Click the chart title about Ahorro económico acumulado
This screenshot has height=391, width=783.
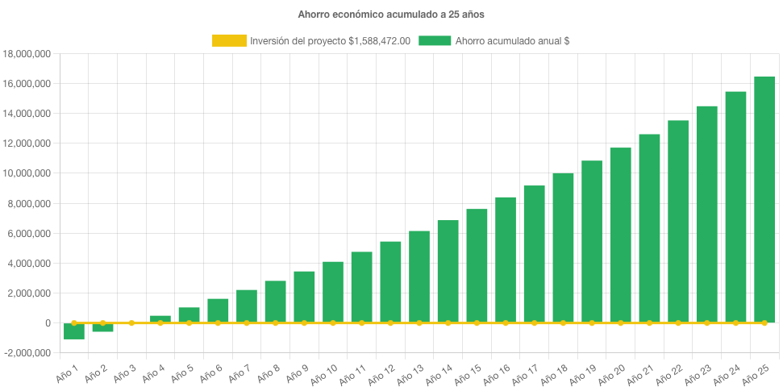[391, 15]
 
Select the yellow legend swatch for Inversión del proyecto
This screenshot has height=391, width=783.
[229, 40]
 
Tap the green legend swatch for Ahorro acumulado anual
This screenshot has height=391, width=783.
[435, 40]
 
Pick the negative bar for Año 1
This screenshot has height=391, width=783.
[74, 331]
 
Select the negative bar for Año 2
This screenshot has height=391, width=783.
[102, 327]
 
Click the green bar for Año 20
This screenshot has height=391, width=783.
[620, 235]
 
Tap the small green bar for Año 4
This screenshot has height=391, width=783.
[160, 319]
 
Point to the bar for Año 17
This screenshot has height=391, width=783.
[534, 254]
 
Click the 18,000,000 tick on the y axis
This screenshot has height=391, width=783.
[28, 54]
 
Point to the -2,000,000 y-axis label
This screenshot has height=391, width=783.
[27, 353]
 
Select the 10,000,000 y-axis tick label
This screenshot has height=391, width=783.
[28, 173]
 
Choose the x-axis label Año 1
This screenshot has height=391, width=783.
[66, 369]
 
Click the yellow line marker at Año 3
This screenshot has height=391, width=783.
[131, 322]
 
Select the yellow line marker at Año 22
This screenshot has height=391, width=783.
[677, 322]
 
